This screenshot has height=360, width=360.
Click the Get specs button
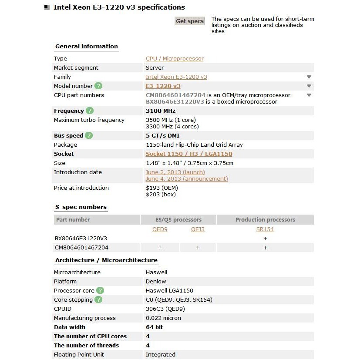point(189,21)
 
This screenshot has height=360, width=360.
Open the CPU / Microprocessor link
point(175,59)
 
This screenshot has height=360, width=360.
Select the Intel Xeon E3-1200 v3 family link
point(176,77)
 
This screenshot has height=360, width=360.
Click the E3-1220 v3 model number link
point(163,86)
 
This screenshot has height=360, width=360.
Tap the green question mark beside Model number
point(99,86)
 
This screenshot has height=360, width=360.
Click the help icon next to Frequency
point(90,111)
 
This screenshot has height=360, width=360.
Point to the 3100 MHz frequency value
point(161,111)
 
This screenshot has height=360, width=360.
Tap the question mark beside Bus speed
point(89,136)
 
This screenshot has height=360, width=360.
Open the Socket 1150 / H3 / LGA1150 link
point(189,154)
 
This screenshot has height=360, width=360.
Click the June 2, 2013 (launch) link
point(175,172)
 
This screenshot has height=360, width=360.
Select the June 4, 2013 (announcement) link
point(187,179)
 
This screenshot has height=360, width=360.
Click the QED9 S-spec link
point(160,229)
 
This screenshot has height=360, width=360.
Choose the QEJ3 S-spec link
point(198,229)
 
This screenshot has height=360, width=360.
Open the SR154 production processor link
point(265,229)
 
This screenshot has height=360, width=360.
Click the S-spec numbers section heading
point(81,207)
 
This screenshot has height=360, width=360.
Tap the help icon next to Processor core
point(100,291)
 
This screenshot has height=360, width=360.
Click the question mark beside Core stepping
point(98,300)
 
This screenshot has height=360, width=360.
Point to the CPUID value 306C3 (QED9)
point(165,309)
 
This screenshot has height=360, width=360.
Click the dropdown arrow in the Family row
point(309,77)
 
